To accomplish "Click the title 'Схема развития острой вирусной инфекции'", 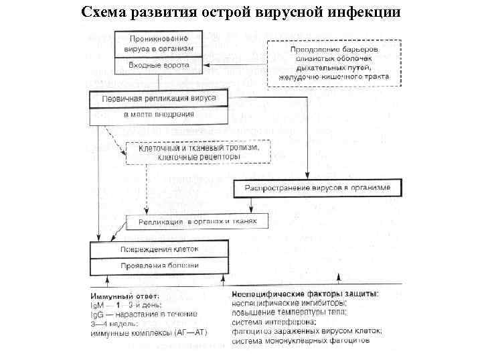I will (x=241, y=13).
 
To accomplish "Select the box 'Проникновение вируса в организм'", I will (x=159, y=44).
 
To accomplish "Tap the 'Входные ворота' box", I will (x=159, y=66).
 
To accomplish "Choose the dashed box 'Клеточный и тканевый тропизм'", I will (x=198, y=152).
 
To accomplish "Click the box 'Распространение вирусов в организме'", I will (x=317, y=188).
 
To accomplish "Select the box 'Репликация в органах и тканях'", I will (x=197, y=221).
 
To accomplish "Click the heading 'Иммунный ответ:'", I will (x=125, y=296).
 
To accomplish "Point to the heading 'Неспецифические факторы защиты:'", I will (x=305, y=294).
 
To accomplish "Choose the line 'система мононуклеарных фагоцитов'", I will (x=301, y=341).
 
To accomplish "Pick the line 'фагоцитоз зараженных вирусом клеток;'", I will (x=307, y=331).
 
